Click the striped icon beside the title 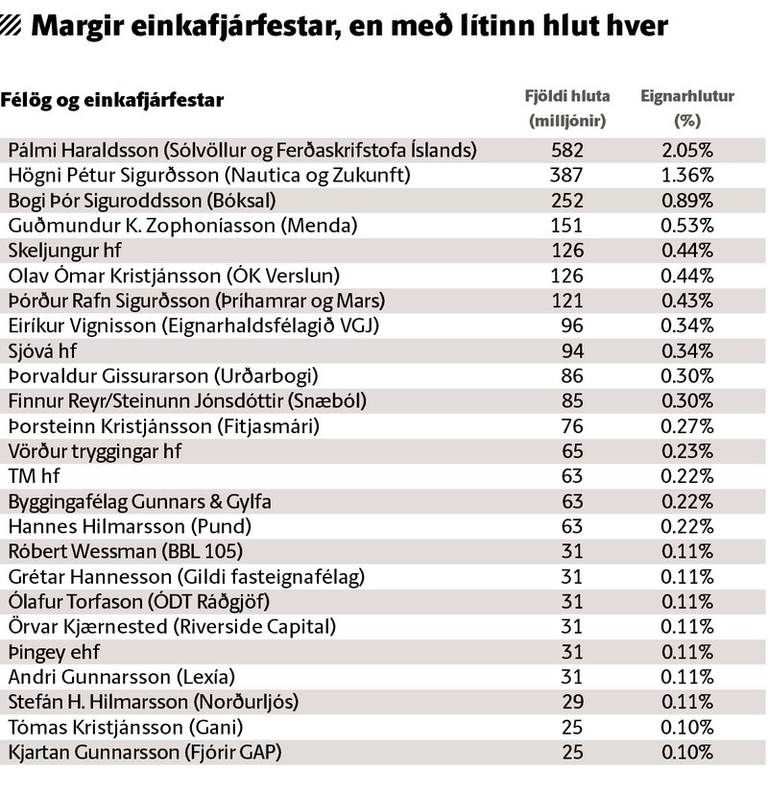11,25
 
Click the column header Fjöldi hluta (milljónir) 567,108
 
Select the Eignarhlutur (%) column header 687,108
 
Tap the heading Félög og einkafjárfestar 112,100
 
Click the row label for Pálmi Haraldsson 242,150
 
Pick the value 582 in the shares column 567,150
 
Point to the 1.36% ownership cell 687,175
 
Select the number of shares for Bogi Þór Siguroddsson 567,201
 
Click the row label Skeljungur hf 65,251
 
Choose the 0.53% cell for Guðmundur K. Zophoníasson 687,225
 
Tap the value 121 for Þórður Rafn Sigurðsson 567,301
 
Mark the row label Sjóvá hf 42,350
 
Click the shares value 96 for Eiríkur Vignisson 572,325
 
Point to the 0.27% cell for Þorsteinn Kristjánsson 687,426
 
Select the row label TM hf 34,476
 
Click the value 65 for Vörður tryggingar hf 572,451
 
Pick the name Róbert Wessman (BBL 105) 126,551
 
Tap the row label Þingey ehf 54,652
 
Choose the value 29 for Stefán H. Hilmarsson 573,702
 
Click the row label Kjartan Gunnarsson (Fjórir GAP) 145,752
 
